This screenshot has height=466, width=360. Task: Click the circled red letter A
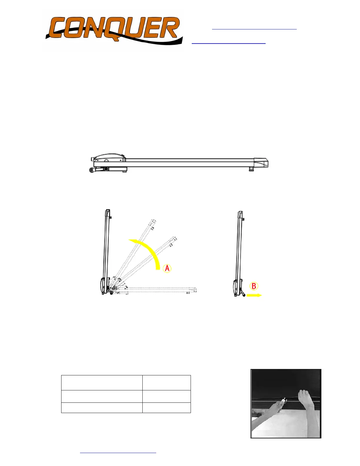[167, 268]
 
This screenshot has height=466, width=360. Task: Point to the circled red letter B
[254, 286]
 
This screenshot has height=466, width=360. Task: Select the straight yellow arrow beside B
[254, 295]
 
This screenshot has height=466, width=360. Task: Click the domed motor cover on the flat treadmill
[109, 156]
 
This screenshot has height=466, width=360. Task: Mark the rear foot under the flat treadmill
[251, 169]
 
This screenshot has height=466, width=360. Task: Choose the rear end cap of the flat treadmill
[261, 162]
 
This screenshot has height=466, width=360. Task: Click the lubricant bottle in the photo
[283, 402]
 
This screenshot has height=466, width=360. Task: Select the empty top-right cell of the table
[166, 383]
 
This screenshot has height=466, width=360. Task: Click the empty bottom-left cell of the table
[102, 407]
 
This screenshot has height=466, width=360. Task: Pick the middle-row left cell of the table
[102, 396]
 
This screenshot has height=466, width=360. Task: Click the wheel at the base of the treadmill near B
[244, 294]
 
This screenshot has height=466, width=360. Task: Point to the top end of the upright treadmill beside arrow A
[108, 212]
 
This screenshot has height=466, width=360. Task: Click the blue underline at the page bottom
[118, 453]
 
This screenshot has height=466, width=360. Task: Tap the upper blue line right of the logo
[254, 29]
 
